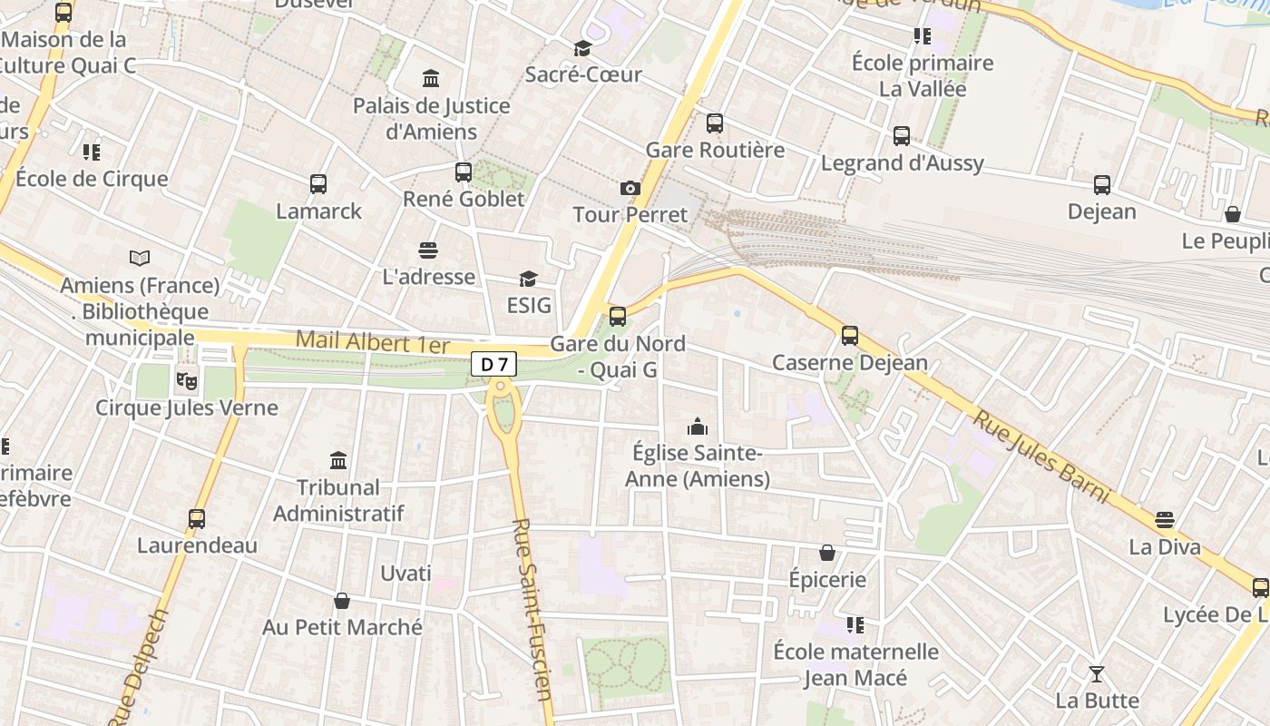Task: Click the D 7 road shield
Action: click(493, 364)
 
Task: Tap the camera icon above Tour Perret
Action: click(630, 188)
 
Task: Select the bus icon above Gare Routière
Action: click(715, 123)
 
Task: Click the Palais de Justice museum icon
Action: click(431, 78)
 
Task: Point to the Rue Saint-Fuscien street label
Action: click(533, 610)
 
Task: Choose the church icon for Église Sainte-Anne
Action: click(698, 426)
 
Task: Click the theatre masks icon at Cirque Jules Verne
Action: click(187, 380)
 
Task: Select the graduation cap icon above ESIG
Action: click(528, 278)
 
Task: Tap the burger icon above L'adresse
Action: click(428, 250)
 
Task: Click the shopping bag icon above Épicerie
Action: click(827, 552)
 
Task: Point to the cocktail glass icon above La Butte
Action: click(1097, 673)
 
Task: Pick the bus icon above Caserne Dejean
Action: click(850, 336)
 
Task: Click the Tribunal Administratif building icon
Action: click(338, 460)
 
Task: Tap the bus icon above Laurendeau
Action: click(197, 518)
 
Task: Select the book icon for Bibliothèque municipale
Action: click(140, 258)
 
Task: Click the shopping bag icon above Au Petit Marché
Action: click(342, 600)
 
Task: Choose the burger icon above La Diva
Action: click(1165, 520)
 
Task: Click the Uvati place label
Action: click(405, 574)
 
